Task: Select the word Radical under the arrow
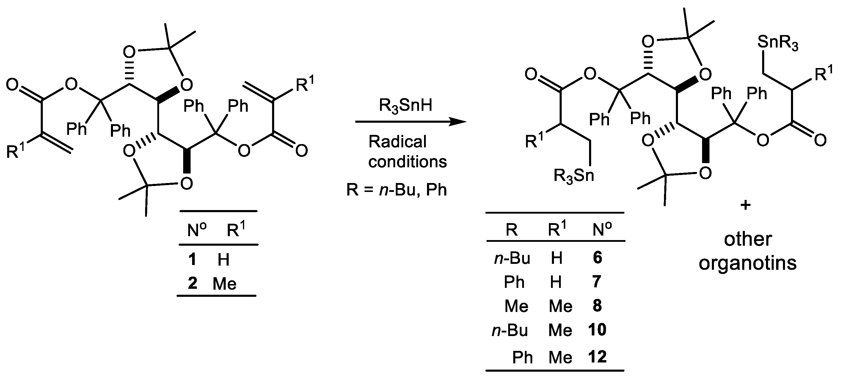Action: pyautogui.click(x=397, y=142)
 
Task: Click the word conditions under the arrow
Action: pyautogui.click(x=407, y=162)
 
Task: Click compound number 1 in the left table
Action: pyautogui.click(x=192, y=259)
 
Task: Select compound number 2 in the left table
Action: pyautogui.click(x=192, y=283)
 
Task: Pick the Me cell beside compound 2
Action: pyautogui.click(x=225, y=283)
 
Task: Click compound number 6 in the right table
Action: pyautogui.click(x=597, y=258)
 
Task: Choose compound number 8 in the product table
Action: pyautogui.click(x=597, y=306)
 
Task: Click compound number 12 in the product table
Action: pyautogui.click(x=597, y=357)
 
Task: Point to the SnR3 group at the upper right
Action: pyautogui.click(x=778, y=43)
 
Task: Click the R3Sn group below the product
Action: pyautogui.click(x=573, y=176)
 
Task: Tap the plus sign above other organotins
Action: pyautogui.click(x=745, y=206)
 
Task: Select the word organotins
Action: pyautogui.click(x=748, y=263)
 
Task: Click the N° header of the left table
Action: pyautogui.click(x=197, y=230)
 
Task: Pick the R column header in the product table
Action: pyautogui.click(x=511, y=230)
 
